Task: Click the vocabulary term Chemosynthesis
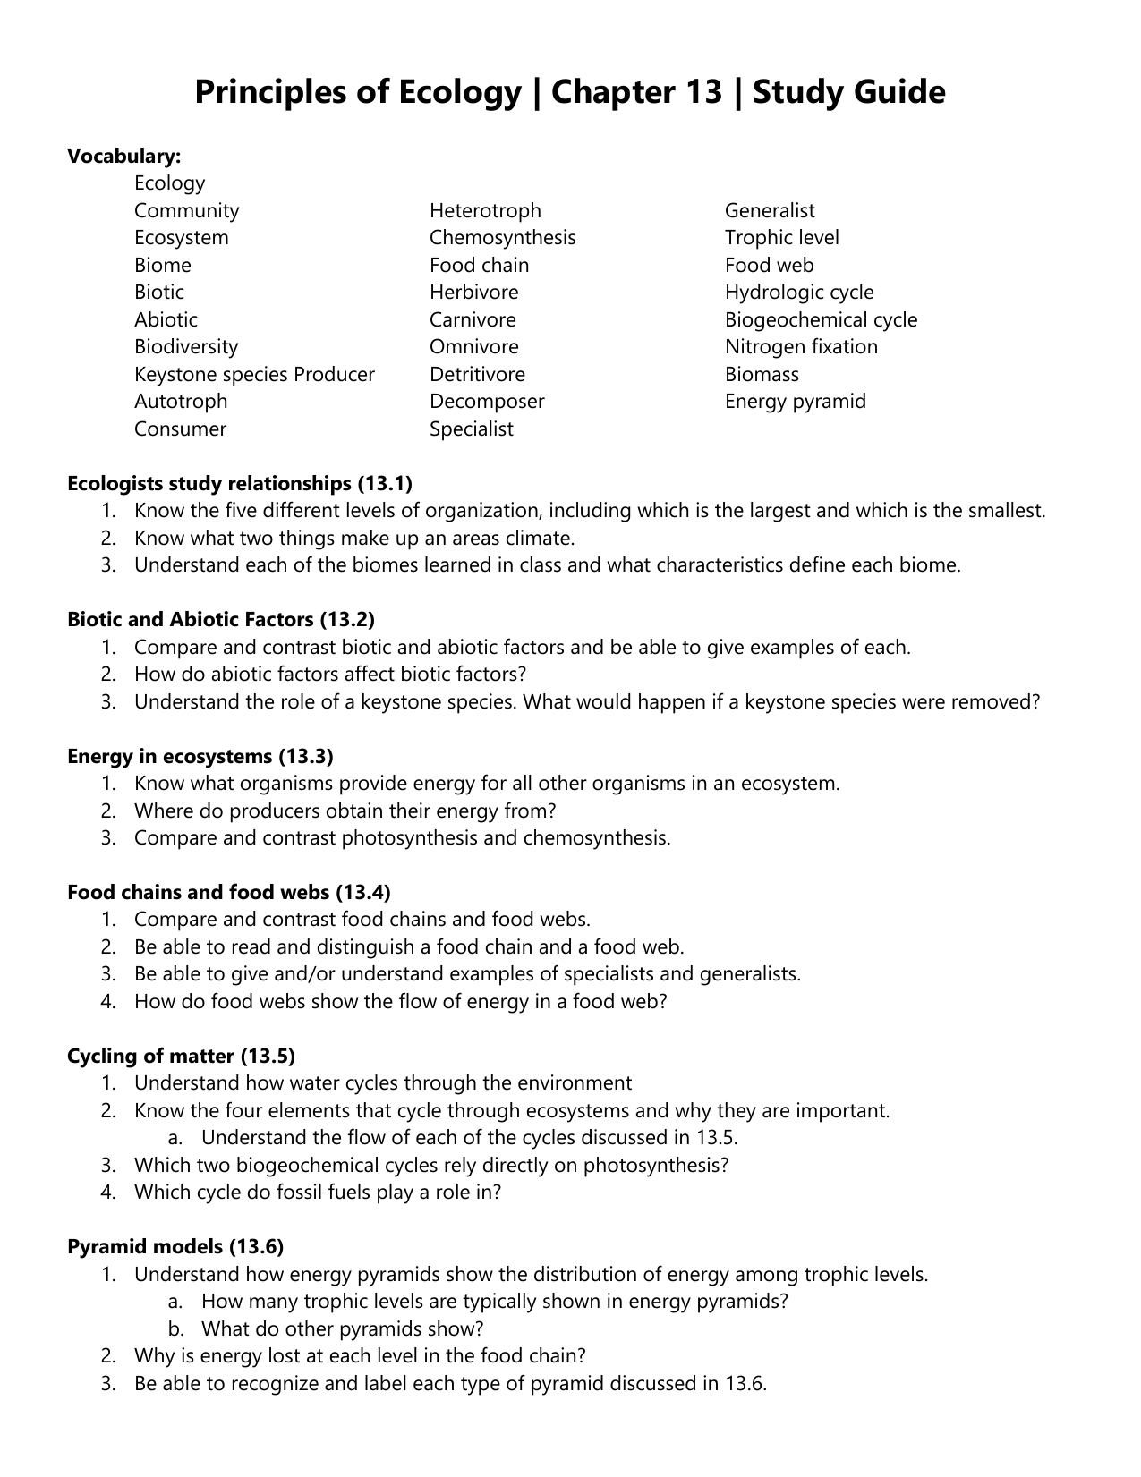(x=502, y=238)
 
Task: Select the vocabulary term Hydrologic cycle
(x=798, y=293)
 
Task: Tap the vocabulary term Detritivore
(x=477, y=375)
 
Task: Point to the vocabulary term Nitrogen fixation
(x=801, y=347)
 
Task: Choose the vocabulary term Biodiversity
(x=186, y=347)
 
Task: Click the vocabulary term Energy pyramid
(x=795, y=402)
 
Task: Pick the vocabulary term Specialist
(x=471, y=429)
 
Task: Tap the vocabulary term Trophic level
(x=781, y=238)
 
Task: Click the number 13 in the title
(x=704, y=93)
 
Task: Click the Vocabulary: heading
(x=124, y=157)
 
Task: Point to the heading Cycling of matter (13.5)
(x=181, y=1057)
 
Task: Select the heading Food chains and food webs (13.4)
(x=229, y=893)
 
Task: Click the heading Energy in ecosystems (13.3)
(x=200, y=757)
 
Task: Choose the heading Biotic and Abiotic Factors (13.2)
(x=221, y=620)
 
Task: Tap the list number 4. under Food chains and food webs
(x=108, y=1002)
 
